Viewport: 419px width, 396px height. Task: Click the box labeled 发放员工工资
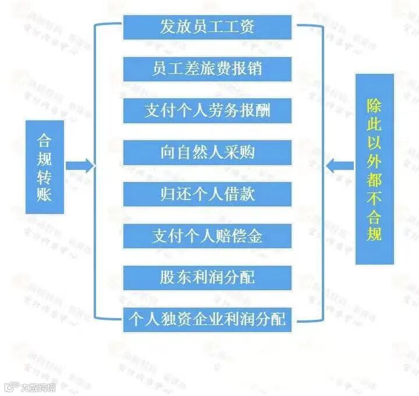pyautogui.click(x=207, y=27)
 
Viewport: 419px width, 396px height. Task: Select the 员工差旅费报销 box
pyautogui.click(x=207, y=69)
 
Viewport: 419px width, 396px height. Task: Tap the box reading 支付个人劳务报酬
pyautogui.click(x=207, y=110)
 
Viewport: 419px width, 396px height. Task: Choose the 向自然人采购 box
pyautogui.click(x=207, y=152)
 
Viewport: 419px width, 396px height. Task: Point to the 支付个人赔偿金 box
pyautogui.click(x=207, y=236)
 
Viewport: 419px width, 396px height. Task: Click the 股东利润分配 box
pyautogui.click(x=207, y=277)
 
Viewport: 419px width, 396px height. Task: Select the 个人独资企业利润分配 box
pyautogui.click(x=207, y=319)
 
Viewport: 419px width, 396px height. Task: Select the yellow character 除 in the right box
pyautogui.click(x=374, y=106)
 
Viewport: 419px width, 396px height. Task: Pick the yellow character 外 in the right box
pyautogui.click(x=374, y=159)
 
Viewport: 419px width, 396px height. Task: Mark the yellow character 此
pyautogui.click(x=374, y=124)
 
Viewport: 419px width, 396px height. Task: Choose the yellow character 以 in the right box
pyautogui.click(x=374, y=142)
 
